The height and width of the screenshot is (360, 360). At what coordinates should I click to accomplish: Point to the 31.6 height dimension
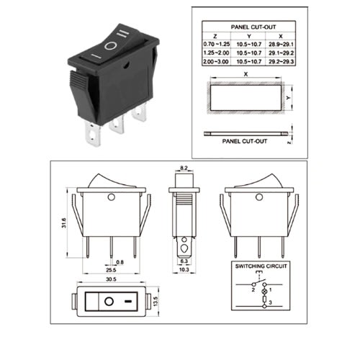click(63, 225)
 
